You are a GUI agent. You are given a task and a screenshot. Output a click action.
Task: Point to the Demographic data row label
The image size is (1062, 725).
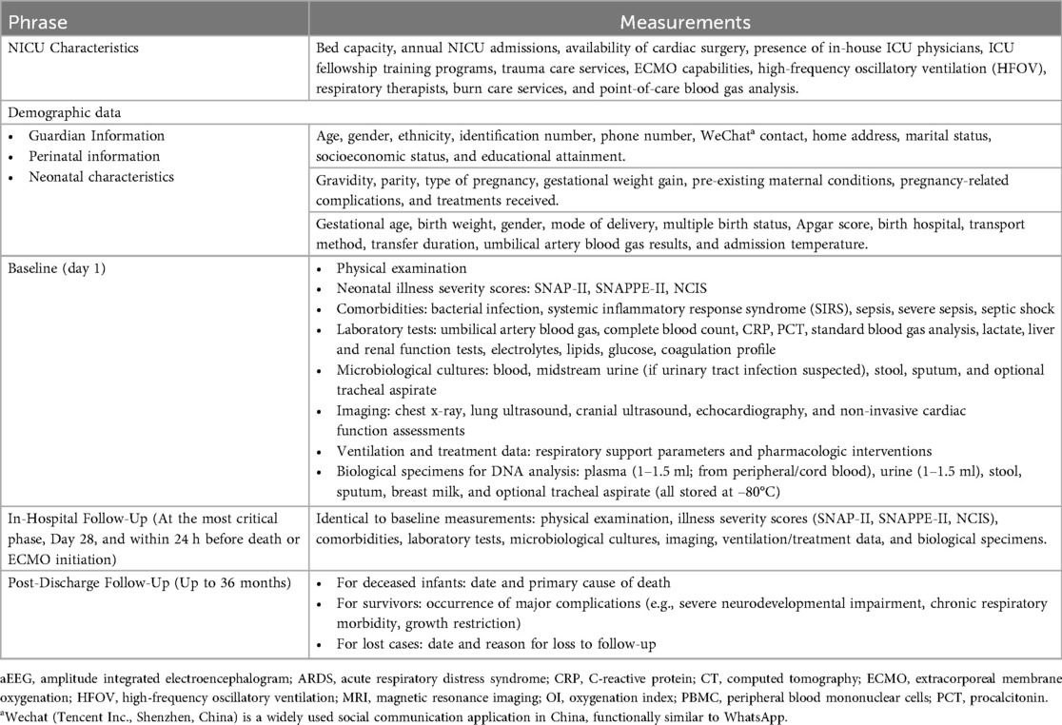[x=59, y=111]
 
